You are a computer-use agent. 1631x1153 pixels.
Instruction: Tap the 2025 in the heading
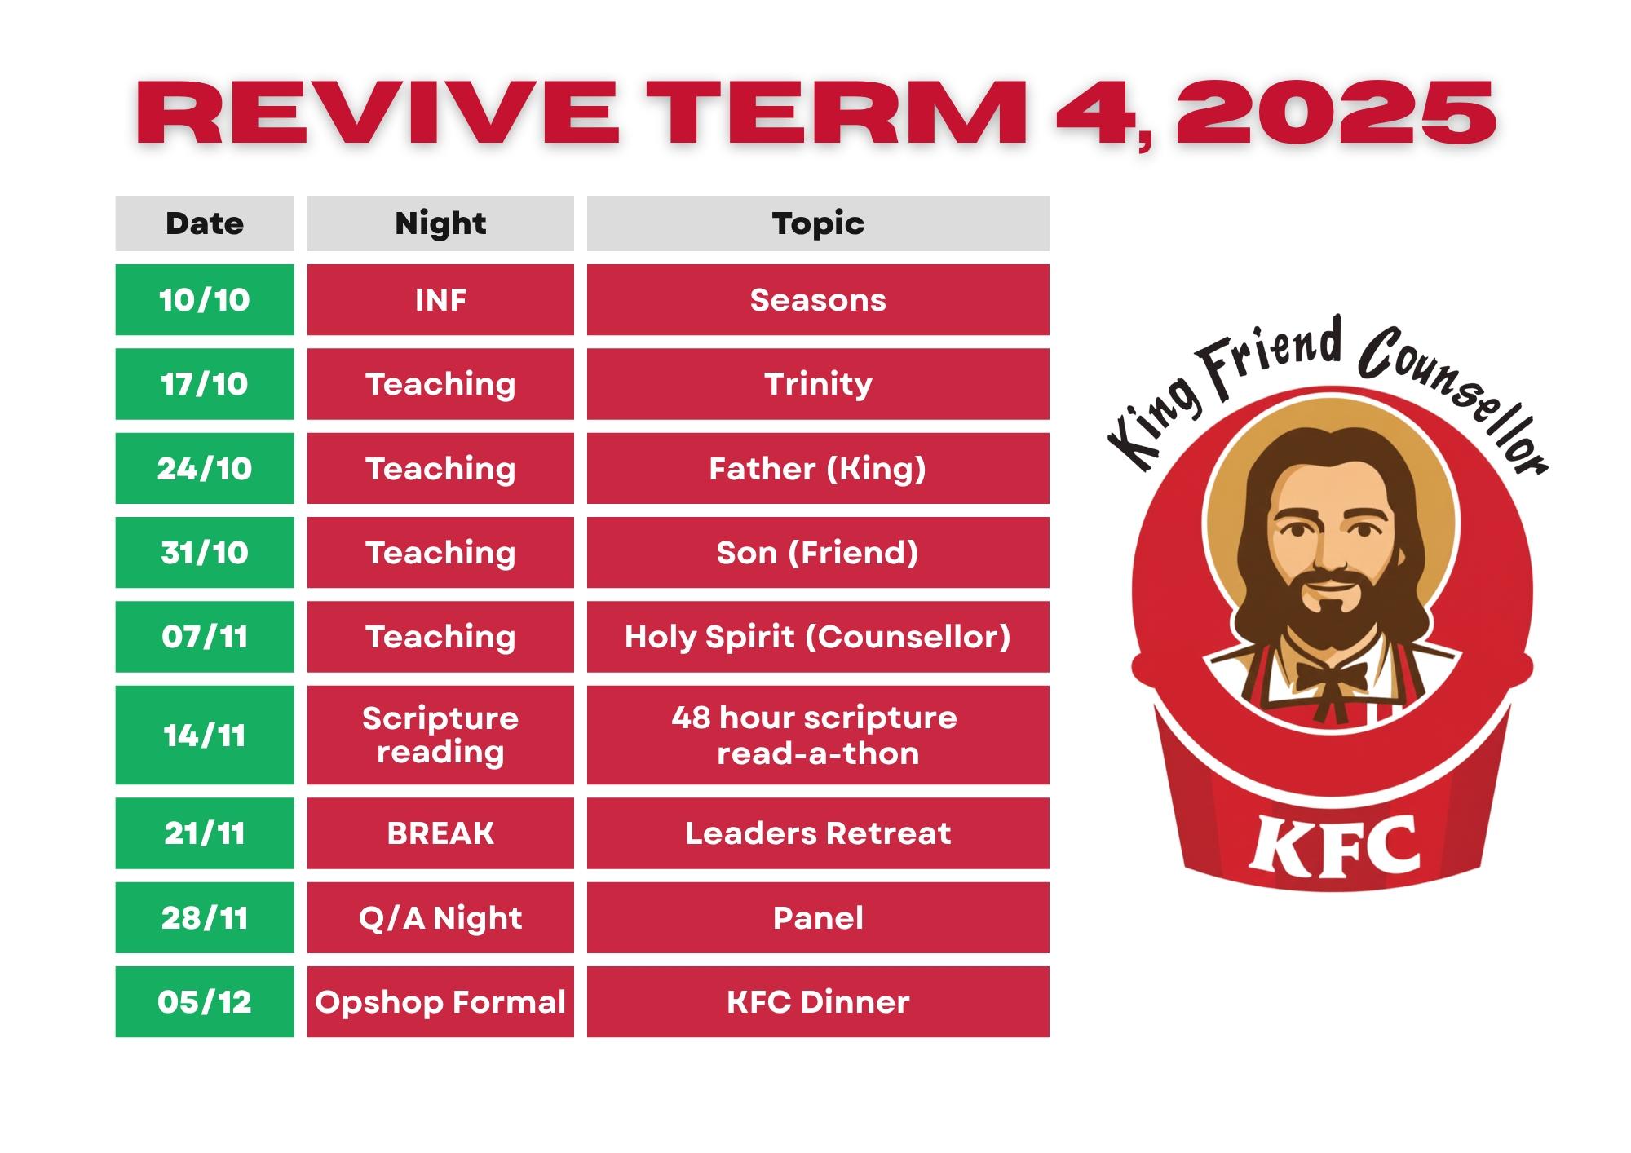coord(1336,113)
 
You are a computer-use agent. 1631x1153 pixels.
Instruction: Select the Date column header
coord(205,223)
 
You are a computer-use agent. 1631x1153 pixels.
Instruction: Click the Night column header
coord(440,223)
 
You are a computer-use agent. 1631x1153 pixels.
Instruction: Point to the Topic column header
coord(818,223)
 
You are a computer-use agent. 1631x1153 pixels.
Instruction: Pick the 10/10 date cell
coord(205,299)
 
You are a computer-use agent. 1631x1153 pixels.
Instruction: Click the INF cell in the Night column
coord(440,299)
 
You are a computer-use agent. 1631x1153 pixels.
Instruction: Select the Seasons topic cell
coord(818,299)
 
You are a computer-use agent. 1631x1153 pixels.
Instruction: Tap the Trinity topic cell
coord(818,384)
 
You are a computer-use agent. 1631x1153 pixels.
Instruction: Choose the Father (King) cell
coord(818,468)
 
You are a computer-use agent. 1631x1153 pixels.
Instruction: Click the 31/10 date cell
coord(205,552)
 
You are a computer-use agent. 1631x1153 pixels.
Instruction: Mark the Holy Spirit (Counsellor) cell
coord(818,637)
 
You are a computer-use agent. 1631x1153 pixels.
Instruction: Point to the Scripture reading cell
coord(440,735)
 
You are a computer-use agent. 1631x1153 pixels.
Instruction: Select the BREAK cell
coord(440,833)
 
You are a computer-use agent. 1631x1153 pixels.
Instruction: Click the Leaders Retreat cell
coord(818,833)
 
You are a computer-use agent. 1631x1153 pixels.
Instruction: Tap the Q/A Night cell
coord(440,917)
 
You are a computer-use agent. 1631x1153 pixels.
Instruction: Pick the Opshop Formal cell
coord(440,1001)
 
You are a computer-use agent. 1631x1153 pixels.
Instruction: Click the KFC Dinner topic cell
coord(818,1001)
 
